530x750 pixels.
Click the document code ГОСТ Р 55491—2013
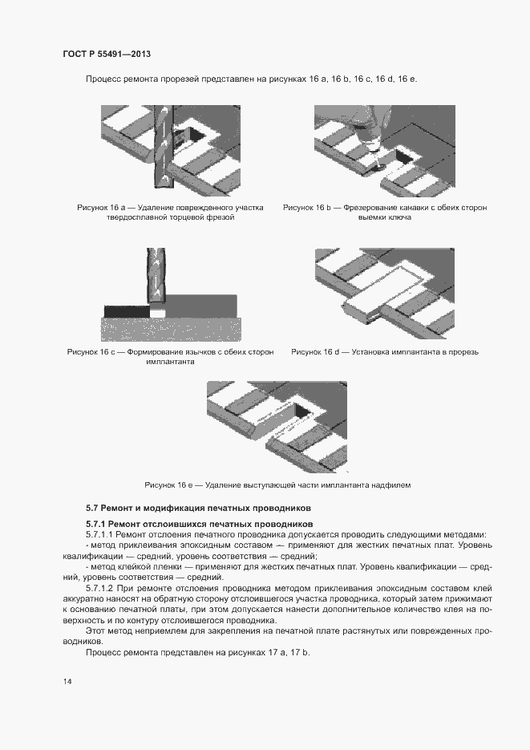[x=107, y=54]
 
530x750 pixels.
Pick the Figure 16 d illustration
[x=383, y=292]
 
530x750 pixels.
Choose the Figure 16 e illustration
[x=277, y=425]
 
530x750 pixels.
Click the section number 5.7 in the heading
[x=91, y=509]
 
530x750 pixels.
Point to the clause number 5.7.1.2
[x=102, y=588]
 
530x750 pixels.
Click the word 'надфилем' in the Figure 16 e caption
[x=392, y=485]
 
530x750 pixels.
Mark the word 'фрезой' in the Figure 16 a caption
[x=219, y=218]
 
